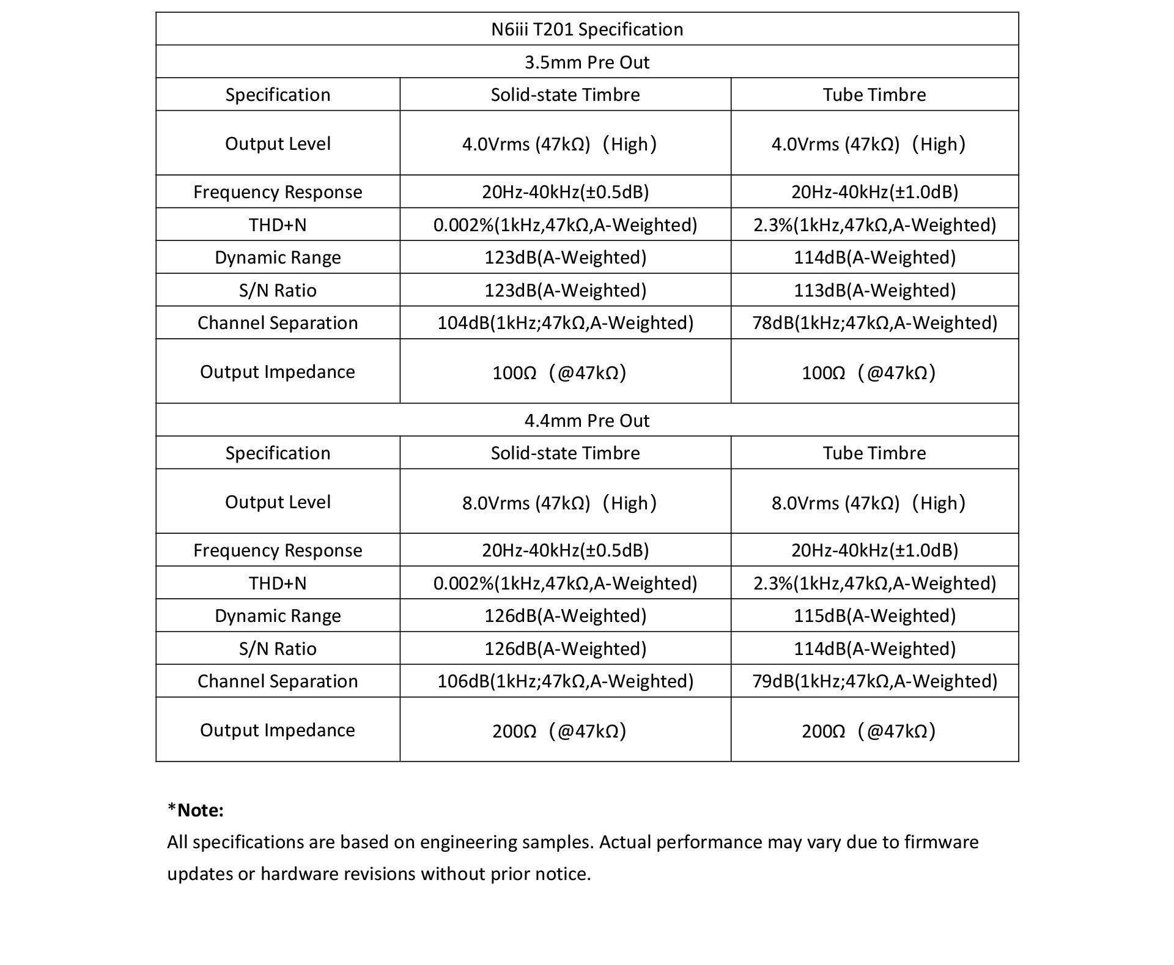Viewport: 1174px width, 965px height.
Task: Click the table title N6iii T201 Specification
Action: tap(587, 29)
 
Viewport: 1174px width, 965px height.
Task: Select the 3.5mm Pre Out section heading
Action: tap(587, 62)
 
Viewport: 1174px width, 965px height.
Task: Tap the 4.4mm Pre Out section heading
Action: tap(587, 421)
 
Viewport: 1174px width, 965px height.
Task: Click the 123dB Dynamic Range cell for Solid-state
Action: tap(565, 257)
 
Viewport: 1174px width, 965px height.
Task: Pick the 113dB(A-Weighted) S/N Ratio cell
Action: tap(874, 290)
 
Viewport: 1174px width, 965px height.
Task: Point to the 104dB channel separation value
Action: tap(565, 323)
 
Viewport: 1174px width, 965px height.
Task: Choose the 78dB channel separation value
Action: tap(874, 323)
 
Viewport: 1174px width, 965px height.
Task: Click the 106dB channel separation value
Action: tap(565, 681)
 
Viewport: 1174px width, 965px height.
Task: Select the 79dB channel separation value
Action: tap(874, 681)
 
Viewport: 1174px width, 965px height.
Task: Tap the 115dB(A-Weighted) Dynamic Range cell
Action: tap(874, 616)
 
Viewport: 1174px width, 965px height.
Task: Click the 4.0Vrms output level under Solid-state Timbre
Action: tap(559, 144)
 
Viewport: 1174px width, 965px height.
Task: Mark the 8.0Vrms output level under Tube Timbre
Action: tap(868, 503)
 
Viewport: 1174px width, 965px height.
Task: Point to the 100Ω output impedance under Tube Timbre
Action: tap(868, 372)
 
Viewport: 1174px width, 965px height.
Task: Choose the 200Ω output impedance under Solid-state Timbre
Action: tap(559, 731)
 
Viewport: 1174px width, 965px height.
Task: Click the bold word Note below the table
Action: tap(200, 810)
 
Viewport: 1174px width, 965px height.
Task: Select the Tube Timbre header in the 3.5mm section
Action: tap(874, 95)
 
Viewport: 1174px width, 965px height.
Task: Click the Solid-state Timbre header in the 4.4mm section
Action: tap(565, 453)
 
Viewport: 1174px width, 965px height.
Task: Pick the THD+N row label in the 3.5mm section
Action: tap(278, 225)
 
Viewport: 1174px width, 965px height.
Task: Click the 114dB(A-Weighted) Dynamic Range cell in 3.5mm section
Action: tap(874, 257)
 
